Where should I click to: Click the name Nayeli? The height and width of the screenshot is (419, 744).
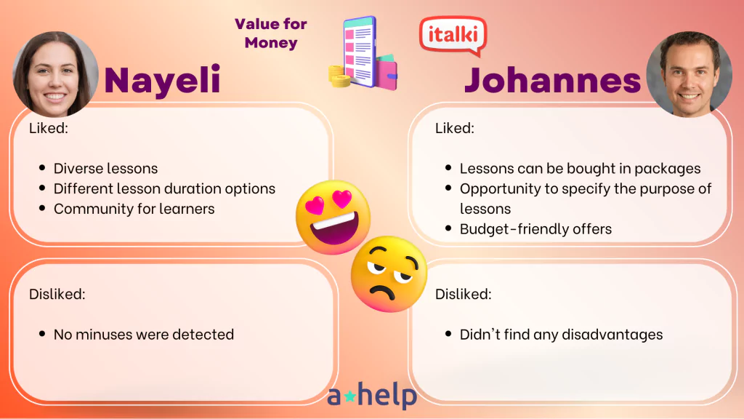point(162,80)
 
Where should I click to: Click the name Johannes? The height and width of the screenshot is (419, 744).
point(552,80)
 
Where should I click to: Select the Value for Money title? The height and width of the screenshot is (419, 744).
point(271,33)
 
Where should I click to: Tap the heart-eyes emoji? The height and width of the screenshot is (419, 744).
point(333,217)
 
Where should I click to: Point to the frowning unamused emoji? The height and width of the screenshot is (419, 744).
point(389,274)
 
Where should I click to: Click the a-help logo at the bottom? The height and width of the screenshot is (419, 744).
point(372,395)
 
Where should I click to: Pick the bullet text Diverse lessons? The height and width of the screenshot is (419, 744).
point(105,168)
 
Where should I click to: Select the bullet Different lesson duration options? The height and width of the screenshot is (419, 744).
point(164,188)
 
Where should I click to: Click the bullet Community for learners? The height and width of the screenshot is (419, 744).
point(134,209)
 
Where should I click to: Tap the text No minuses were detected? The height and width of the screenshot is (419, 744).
point(144,335)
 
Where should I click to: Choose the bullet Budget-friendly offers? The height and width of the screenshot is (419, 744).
point(535,229)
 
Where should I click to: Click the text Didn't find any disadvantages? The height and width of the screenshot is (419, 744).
point(562,335)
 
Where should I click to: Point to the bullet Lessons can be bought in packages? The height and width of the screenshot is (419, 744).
point(581,168)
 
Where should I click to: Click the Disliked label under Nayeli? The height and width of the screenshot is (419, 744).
point(57,294)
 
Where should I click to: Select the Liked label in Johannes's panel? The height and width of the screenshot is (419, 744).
point(455,128)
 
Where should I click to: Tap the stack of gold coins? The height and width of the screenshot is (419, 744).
point(339,76)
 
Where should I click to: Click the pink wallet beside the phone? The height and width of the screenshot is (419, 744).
point(387,72)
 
